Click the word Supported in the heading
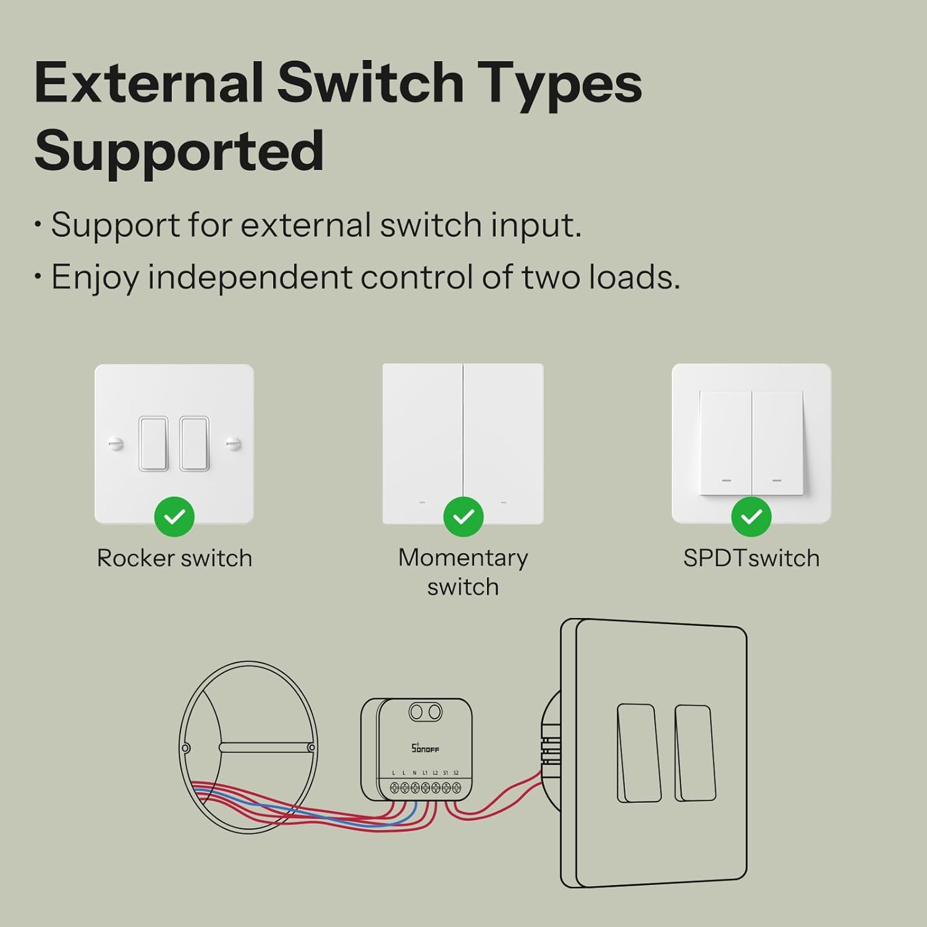point(179,151)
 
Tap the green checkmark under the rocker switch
point(174,517)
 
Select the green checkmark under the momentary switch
point(463,517)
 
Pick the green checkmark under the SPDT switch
point(751,517)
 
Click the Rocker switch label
point(174,558)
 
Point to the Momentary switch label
point(463,572)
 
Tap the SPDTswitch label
point(751,558)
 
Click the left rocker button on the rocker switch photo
point(153,444)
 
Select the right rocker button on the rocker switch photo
point(194,444)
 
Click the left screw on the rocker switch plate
point(116,443)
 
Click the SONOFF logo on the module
point(425,748)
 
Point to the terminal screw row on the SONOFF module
point(425,787)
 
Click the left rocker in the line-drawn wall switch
point(638,753)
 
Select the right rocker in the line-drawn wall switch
point(695,753)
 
